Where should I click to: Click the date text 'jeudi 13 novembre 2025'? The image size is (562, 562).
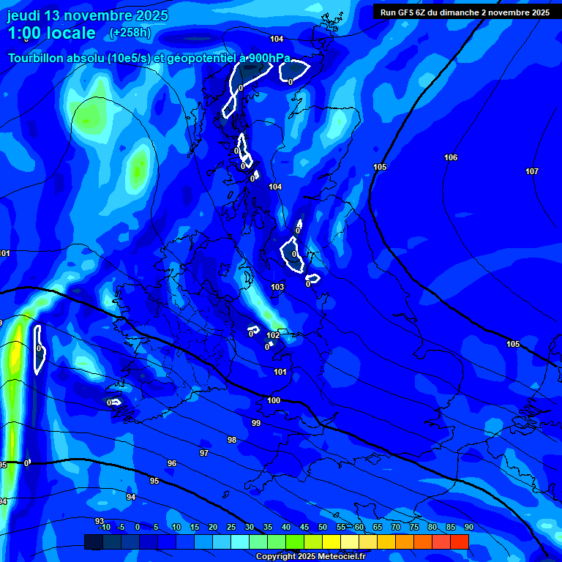point(88,15)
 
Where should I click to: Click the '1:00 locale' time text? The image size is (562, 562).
point(51,33)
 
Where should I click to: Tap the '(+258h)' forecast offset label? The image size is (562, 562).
point(130,33)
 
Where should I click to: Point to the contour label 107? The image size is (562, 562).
point(532,171)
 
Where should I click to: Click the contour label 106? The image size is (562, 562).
point(451,157)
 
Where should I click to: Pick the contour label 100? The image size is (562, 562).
point(274,400)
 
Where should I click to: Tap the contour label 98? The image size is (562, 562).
point(232,440)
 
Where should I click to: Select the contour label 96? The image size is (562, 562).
point(172,463)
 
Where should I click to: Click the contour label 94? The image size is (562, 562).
point(131,497)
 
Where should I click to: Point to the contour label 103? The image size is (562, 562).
point(277,287)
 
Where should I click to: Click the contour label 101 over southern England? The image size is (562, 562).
point(280,372)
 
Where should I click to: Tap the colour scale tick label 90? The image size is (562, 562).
point(468,528)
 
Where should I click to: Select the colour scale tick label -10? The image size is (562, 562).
point(104,528)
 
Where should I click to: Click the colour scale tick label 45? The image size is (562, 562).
point(304,528)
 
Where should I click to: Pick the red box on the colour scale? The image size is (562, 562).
point(459,542)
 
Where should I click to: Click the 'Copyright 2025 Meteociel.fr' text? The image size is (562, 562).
point(310,556)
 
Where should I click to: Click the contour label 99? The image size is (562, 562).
point(256,423)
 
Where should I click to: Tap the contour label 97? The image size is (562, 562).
point(204,453)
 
